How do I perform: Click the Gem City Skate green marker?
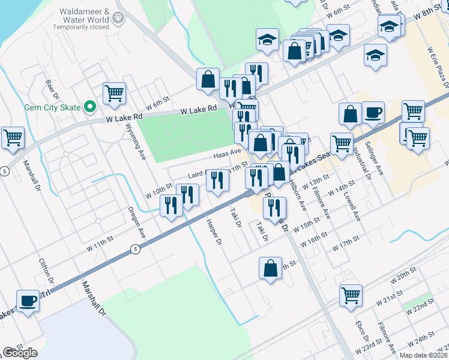pos(90,108)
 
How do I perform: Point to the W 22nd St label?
pos(419,307)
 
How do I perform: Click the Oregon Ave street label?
pos(136,221)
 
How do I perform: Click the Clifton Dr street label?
pos(46,271)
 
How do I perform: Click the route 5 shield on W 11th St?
pos(136,249)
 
